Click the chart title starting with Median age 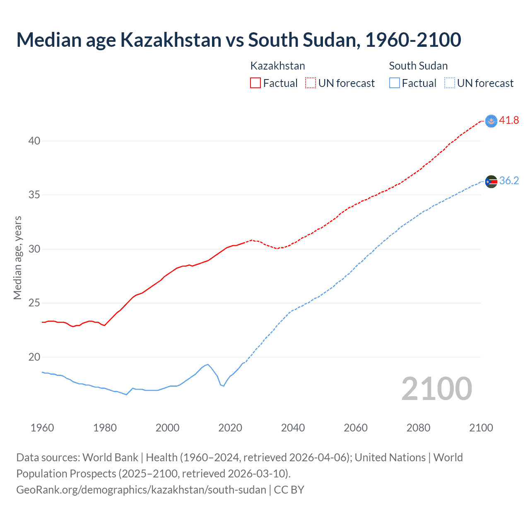pyautogui.click(x=238, y=40)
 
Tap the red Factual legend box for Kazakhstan pyautogui.click(x=255, y=83)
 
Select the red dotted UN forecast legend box pyautogui.click(x=311, y=83)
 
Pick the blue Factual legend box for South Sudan pyautogui.click(x=395, y=83)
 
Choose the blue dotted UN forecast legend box pyautogui.click(x=450, y=83)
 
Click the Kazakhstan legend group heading pyautogui.click(x=277, y=66)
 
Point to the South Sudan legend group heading pyautogui.click(x=418, y=66)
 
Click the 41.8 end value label pyautogui.click(x=509, y=120)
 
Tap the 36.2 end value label pyautogui.click(x=509, y=181)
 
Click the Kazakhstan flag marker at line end pyautogui.click(x=491, y=121)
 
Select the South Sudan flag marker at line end pyautogui.click(x=491, y=181)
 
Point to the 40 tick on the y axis pyautogui.click(x=34, y=141)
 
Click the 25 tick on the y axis pyautogui.click(x=34, y=303)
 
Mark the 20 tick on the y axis pyautogui.click(x=34, y=357)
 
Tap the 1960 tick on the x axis pyautogui.click(x=42, y=428)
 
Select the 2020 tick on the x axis pyautogui.click(x=230, y=428)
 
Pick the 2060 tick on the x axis pyautogui.click(x=356, y=428)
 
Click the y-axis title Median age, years pyautogui.click(x=17, y=258)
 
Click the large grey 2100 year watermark pyautogui.click(x=436, y=388)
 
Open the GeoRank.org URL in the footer pyautogui.click(x=141, y=490)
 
